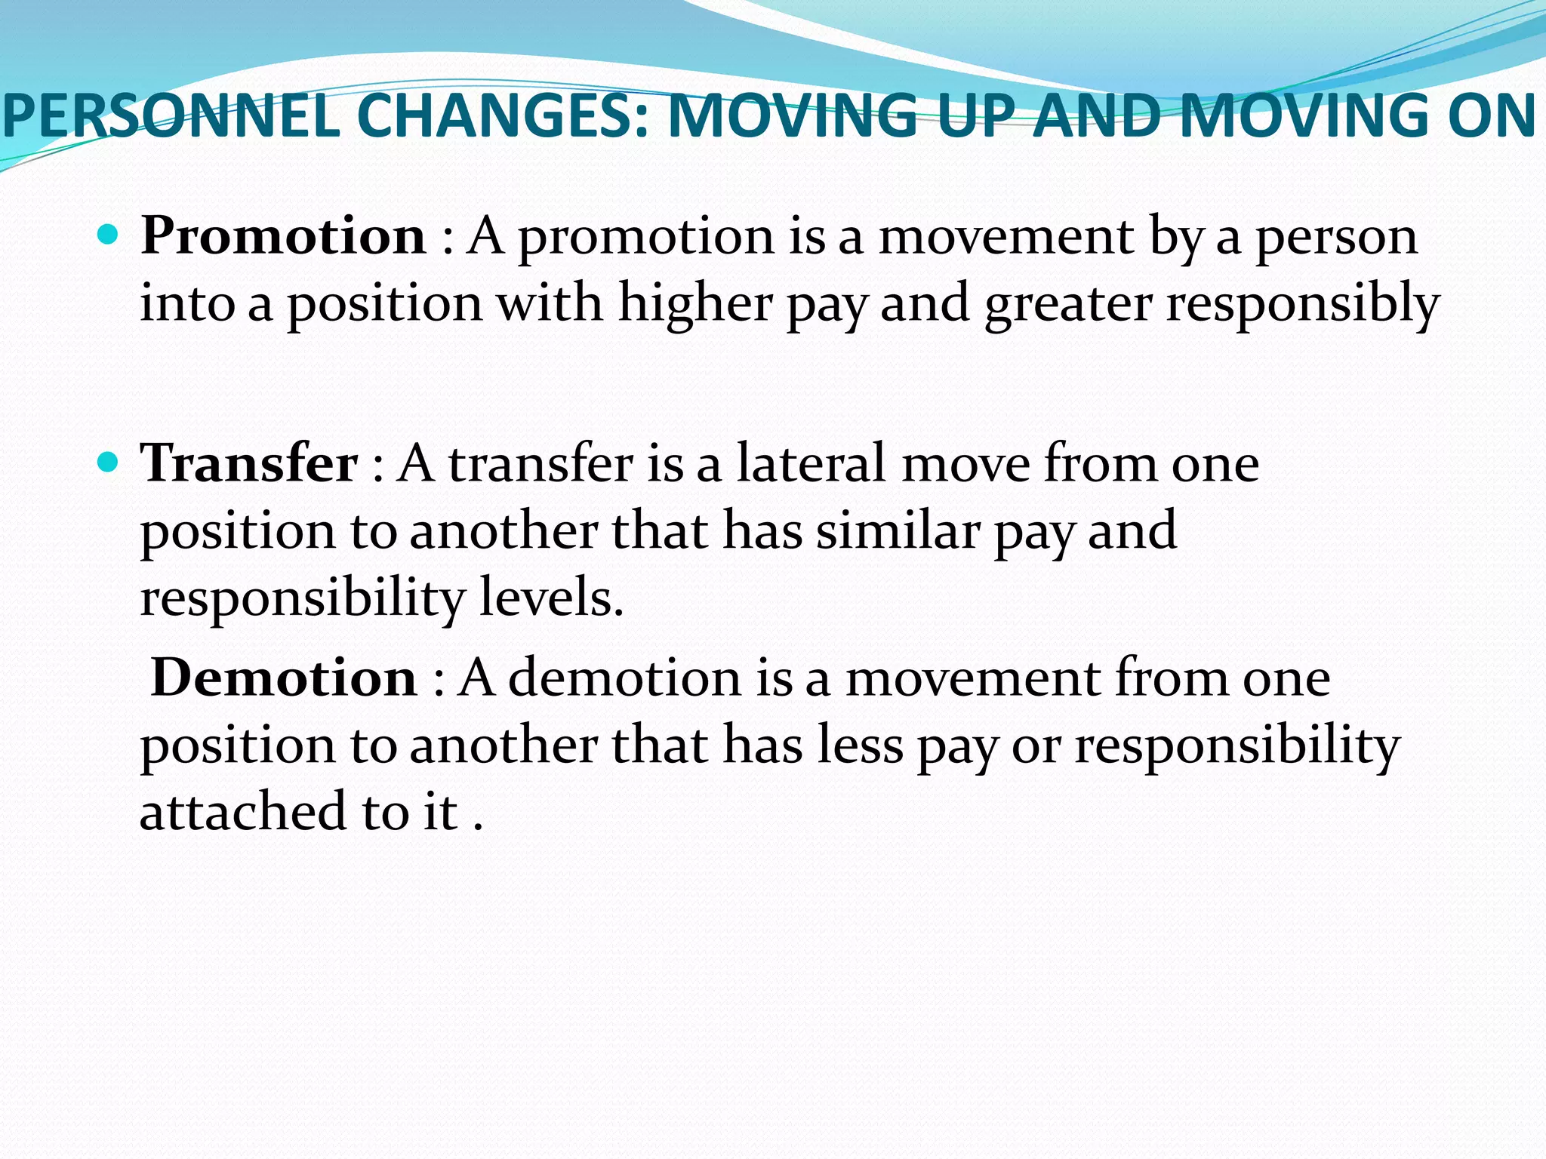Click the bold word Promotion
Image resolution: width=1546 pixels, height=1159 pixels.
283,236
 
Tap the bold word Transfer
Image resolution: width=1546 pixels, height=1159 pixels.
249,463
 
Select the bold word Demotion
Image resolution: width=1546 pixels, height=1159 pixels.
284,678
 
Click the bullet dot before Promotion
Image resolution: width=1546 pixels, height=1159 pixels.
109,235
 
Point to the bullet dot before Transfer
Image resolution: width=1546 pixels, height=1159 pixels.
109,462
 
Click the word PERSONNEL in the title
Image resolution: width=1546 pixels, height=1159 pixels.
171,116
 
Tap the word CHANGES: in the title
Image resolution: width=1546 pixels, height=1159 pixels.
503,116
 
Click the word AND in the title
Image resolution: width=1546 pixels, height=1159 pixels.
1096,116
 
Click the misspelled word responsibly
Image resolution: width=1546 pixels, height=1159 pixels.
1303,304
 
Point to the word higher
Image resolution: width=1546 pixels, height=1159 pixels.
696,304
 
